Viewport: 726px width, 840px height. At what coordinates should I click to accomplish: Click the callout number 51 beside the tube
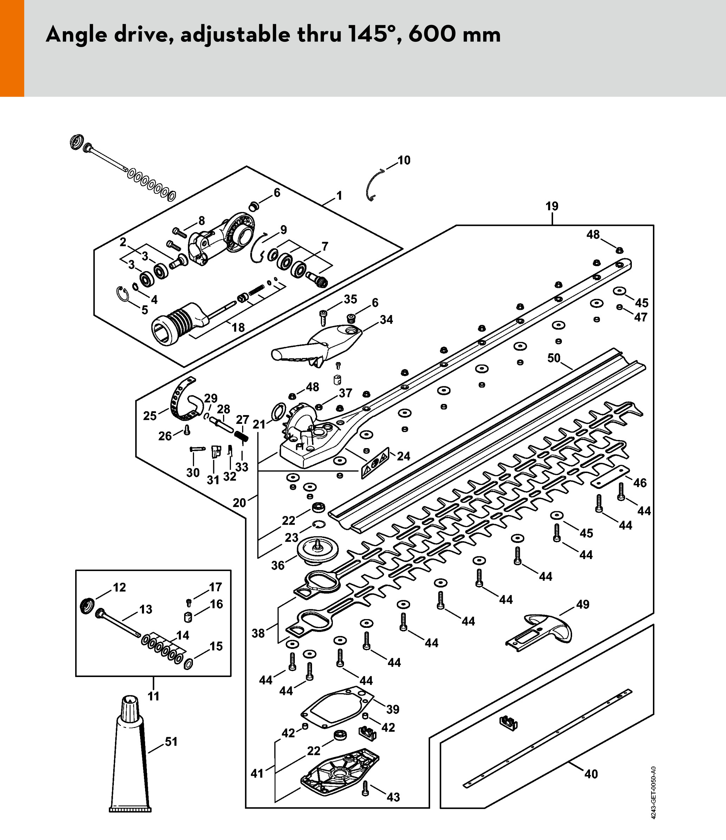click(x=171, y=742)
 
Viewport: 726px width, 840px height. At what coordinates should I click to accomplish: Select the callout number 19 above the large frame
click(x=552, y=206)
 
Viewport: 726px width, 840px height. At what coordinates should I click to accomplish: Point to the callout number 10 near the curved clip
click(x=404, y=160)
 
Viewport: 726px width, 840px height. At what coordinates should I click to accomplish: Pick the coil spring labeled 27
click(x=242, y=437)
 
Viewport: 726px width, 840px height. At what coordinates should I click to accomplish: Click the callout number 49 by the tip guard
click(x=583, y=604)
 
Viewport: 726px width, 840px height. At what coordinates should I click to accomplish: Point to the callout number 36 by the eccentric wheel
click(x=278, y=565)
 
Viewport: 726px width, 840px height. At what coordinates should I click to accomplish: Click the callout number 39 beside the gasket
click(x=393, y=709)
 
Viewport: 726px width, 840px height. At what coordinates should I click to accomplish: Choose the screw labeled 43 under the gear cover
click(x=365, y=788)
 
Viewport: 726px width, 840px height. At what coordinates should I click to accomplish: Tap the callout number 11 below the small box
click(x=153, y=696)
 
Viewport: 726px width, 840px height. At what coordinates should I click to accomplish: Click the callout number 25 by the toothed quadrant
click(x=150, y=416)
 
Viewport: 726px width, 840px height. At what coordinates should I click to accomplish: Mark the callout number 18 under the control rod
click(x=238, y=327)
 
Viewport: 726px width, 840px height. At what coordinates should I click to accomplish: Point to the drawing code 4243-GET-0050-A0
click(x=653, y=793)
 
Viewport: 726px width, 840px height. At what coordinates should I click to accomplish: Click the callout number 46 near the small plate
click(x=640, y=483)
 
